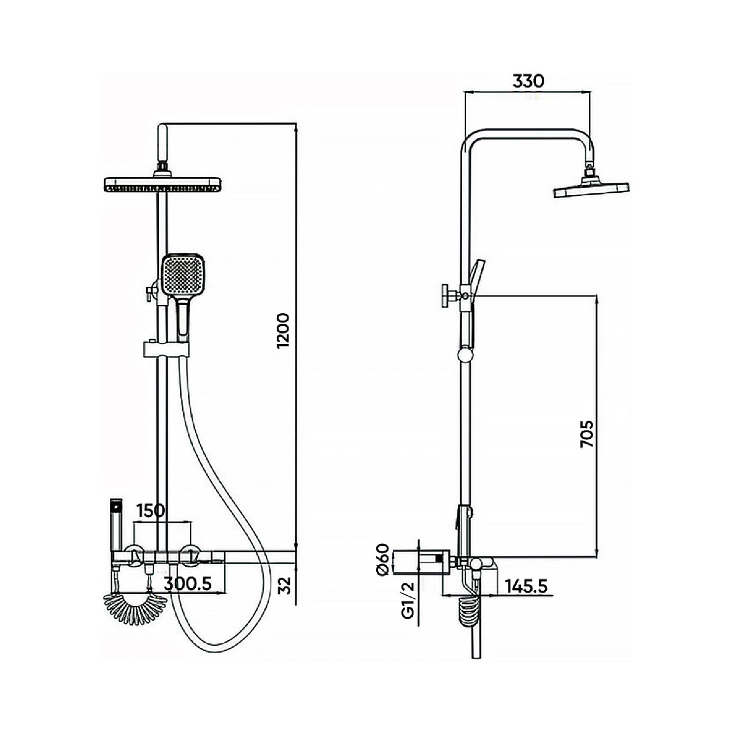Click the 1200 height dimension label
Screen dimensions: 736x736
click(x=284, y=330)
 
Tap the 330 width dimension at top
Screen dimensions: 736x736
click(x=528, y=81)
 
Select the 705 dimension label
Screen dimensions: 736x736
click(x=587, y=434)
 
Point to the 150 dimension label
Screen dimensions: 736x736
click(x=151, y=510)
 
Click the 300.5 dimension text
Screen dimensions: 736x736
click(x=187, y=583)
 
